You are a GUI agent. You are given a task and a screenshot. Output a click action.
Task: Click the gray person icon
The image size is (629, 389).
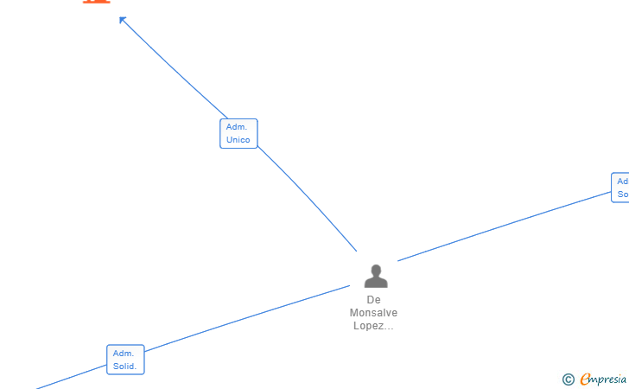[376, 277]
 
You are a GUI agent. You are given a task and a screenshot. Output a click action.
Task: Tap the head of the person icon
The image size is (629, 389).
[376, 270]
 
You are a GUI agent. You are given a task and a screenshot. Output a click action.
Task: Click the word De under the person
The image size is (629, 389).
[373, 299]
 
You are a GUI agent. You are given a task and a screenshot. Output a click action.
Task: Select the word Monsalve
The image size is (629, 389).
[373, 312]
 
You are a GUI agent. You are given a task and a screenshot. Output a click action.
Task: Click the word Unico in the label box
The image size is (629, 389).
[238, 140]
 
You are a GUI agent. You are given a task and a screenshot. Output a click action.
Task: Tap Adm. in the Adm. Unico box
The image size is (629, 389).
[237, 127]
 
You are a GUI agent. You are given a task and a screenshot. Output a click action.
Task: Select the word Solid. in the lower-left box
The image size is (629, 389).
[125, 367]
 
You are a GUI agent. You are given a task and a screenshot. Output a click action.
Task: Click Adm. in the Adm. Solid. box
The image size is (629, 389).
[124, 354]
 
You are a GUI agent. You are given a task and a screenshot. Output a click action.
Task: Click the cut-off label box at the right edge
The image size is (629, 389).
[621, 188]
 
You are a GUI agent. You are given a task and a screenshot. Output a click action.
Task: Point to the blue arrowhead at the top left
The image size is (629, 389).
[124, 20]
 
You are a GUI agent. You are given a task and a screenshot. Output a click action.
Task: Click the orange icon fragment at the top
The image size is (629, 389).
[96, 2]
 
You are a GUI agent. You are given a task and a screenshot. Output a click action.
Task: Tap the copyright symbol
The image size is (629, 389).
[568, 379]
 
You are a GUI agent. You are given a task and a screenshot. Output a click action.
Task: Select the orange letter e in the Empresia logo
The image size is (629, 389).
[585, 379]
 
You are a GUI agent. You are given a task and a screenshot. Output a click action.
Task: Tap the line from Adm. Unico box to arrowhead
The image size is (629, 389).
[173, 68]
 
